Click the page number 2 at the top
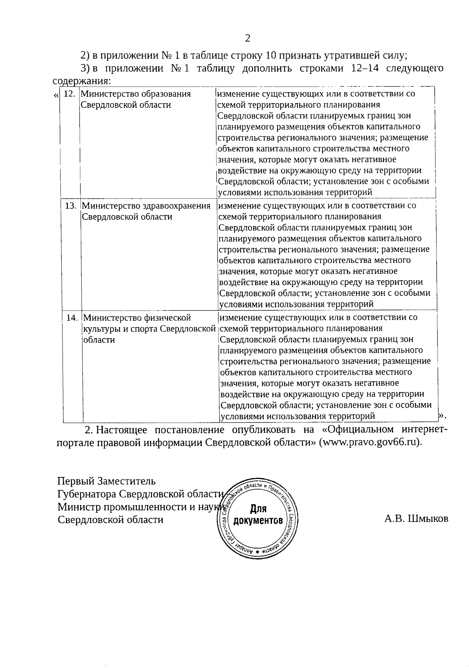[x=247, y=38]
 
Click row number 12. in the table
[x=69, y=94]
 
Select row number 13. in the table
[x=70, y=205]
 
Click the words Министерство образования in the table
[x=136, y=94]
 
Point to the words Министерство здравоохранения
[x=146, y=205]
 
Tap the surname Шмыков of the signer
[x=428, y=519]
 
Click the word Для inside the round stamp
[x=258, y=509]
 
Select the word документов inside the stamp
[x=258, y=521]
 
